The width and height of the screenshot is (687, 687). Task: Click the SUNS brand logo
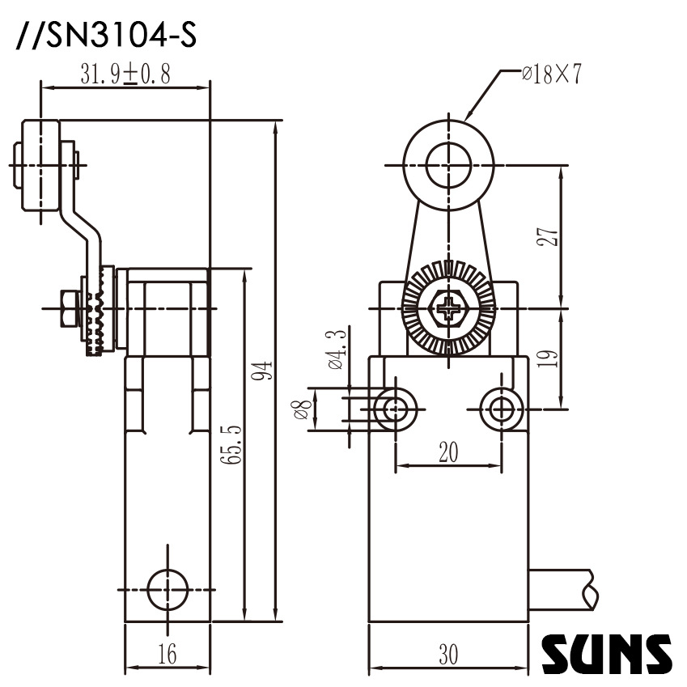(606, 655)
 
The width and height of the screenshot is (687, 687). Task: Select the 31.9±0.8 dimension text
(125, 74)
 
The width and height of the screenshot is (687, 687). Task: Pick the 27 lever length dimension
(549, 235)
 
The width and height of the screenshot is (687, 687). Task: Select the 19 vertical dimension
(549, 357)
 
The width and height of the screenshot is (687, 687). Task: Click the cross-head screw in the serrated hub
(447, 307)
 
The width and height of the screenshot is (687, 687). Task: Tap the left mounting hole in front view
(395, 409)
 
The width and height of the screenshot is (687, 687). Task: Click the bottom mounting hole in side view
(168, 587)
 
